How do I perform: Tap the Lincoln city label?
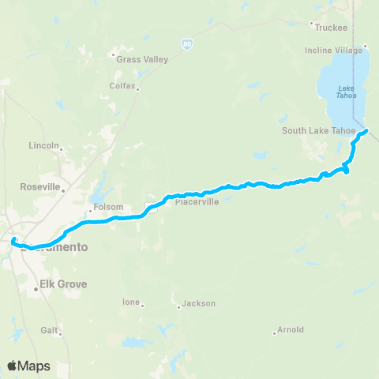click(x=43, y=146)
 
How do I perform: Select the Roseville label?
click(x=39, y=188)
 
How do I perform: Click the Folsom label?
click(x=108, y=208)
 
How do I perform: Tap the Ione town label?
click(x=129, y=302)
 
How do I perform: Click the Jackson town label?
click(x=198, y=303)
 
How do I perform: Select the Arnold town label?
click(x=291, y=330)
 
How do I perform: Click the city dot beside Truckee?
click(x=313, y=24)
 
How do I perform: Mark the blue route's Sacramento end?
click(x=13, y=238)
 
